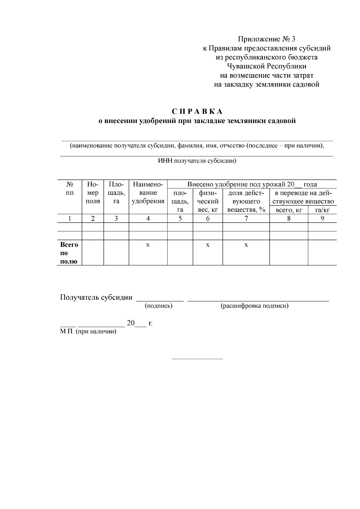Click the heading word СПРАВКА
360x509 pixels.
coord(197,112)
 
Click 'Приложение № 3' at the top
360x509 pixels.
coord(267,39)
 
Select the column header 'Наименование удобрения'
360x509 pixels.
coord(148,193)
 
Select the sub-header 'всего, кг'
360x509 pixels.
coord(289,210)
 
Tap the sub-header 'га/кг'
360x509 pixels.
coord(322,210)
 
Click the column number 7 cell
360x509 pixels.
coord(246,218)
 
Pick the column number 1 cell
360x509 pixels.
coord(69,218)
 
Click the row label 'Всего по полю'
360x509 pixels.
coord(69,253)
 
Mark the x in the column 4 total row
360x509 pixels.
coord(148,245)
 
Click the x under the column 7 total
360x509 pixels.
coord(246,245)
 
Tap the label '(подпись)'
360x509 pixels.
coord(158,306)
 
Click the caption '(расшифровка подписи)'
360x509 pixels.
coord(254,306)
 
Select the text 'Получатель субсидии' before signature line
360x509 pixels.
coord(96,297)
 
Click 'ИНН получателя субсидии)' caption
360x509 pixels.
coord(197,161)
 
